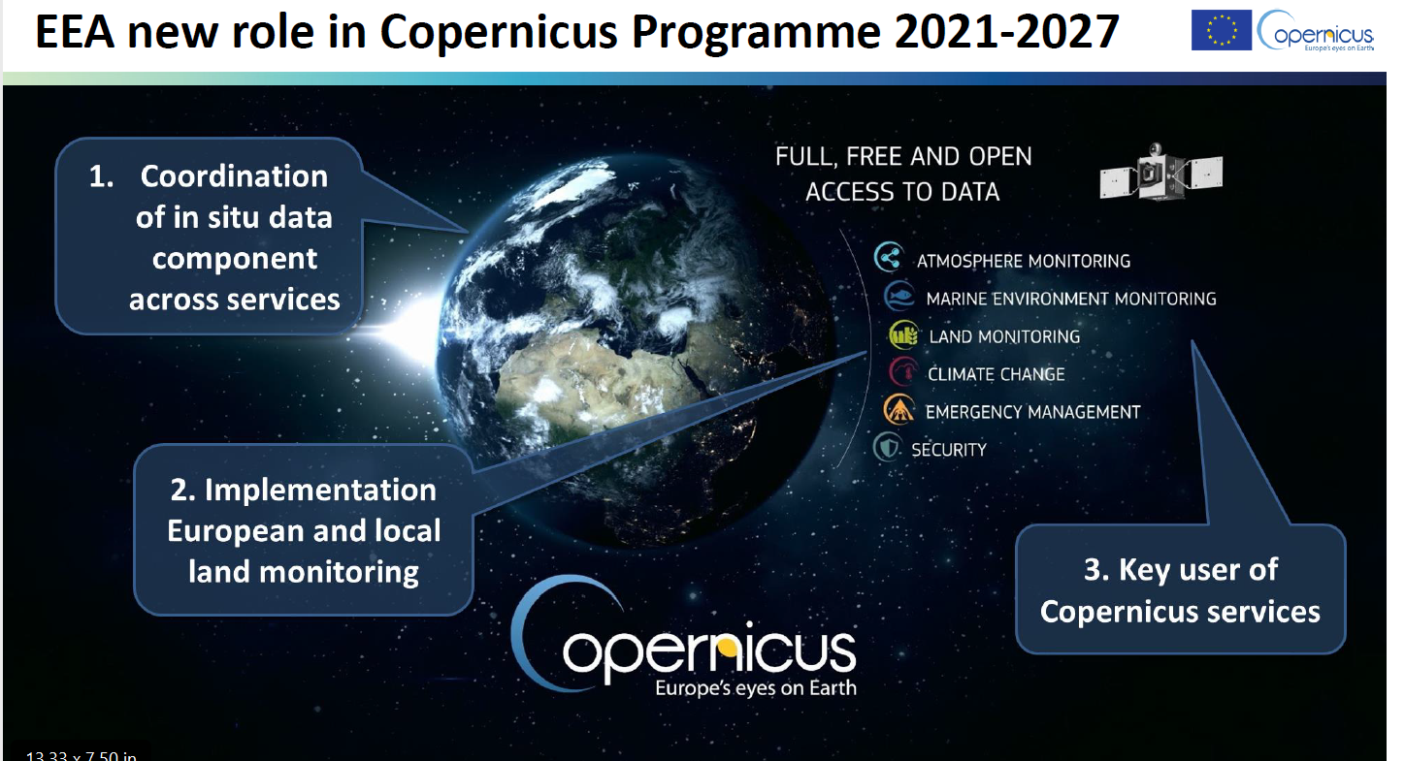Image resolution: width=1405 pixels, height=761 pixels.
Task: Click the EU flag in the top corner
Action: [x=1221, y=30]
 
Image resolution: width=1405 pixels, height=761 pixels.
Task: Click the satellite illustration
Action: [x=1161, y=172]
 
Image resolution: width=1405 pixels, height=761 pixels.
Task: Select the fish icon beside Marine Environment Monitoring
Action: [x=899, y=296]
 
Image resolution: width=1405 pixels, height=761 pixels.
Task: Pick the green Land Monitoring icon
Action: [x=903, y=334]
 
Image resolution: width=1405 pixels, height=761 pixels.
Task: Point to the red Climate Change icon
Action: [x=903, y=371]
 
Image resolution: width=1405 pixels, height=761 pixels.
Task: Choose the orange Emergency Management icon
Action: [x=899, y=410]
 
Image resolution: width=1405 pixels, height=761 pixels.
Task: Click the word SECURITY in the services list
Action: [x=948, y=450]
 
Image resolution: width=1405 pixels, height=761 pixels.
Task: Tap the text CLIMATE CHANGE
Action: [x=997, y=374]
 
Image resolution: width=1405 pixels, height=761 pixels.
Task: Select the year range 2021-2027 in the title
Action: [x=1006, y=31]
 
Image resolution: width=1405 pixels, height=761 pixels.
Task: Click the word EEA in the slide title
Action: [x=75, y=31]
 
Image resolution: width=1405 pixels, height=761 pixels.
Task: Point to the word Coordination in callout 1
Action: [x=234, y=176]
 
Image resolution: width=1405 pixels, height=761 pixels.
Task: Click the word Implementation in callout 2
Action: [x=320, y=490]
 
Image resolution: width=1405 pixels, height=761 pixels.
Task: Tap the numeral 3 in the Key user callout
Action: [x=1095, y=570]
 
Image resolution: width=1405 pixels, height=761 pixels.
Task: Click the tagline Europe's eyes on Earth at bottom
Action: [x=755, y=687]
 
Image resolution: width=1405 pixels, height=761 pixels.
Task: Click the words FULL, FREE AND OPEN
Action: [x=903, y=157]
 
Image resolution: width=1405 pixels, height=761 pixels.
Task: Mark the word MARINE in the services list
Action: [x=957, y=299]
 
